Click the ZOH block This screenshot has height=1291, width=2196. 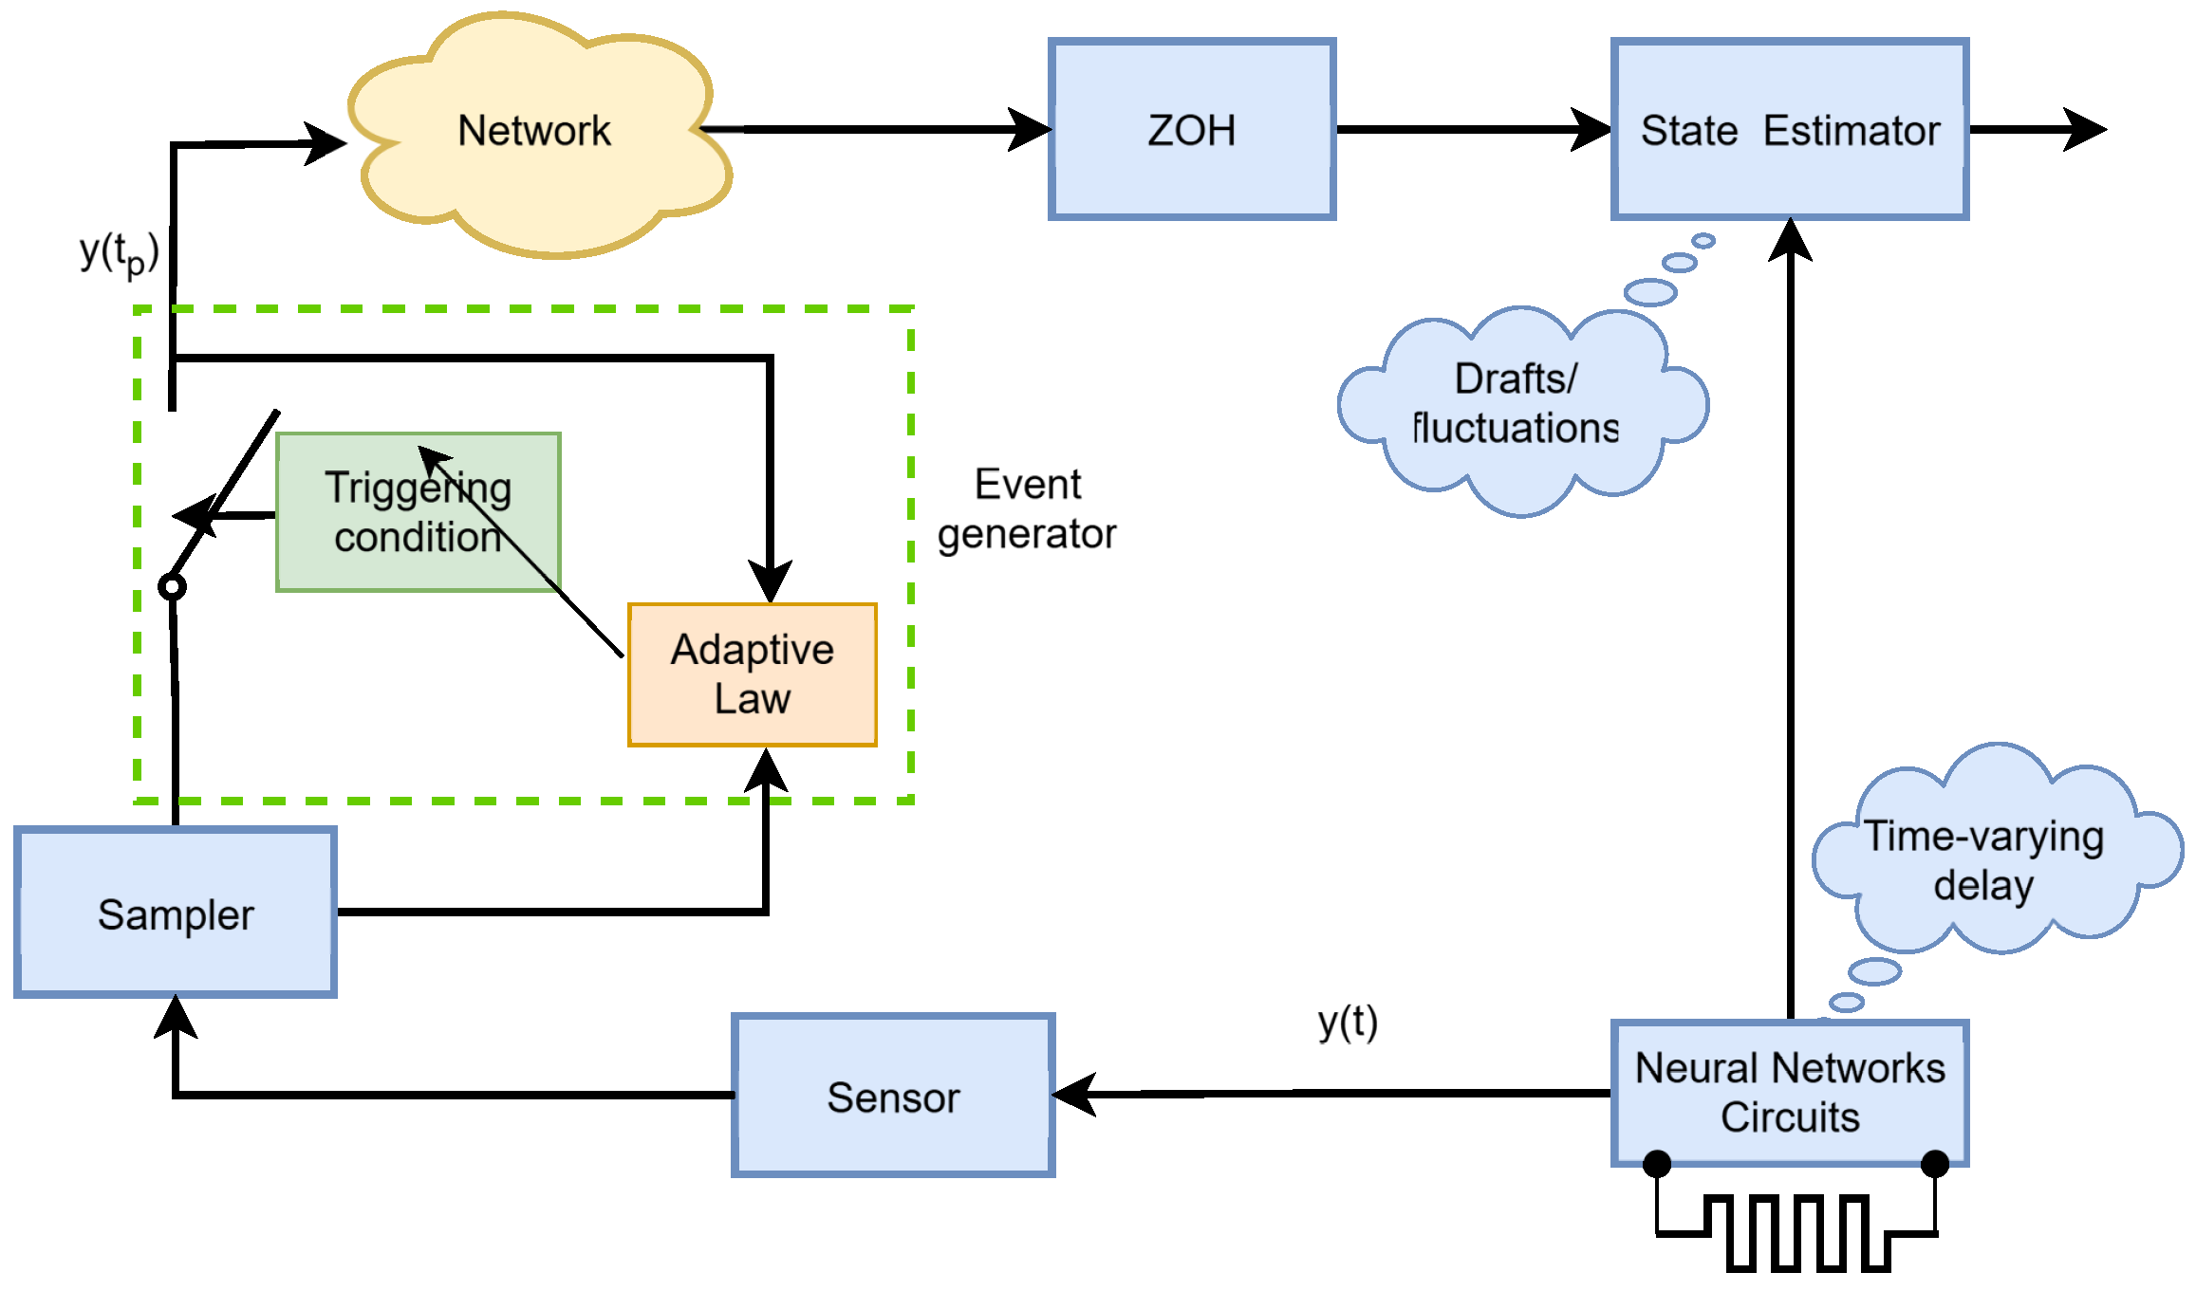pos(1192,130)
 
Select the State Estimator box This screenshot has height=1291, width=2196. pos(1790,130)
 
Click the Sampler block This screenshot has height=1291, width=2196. pos(176,913)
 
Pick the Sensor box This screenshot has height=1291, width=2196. pos(893,1096)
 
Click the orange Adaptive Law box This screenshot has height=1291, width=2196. pos(753,674)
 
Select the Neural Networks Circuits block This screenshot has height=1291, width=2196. pos(1790,1093)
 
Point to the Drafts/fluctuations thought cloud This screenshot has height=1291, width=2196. pos(1523,410)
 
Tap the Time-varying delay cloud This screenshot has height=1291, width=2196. pos(1998,849)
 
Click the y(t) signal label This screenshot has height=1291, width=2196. pos(1348,1024)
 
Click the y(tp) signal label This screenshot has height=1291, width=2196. pos(120,254)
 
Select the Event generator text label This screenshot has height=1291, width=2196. pos(1027,509)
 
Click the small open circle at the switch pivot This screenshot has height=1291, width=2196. pos(172,587)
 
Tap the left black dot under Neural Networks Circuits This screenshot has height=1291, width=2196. pos(1657,1163)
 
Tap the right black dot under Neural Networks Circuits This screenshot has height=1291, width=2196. pos(1935,1163)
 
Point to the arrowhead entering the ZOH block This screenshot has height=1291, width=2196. pos(1030,130)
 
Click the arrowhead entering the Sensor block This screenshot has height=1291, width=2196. pos(1074,1095)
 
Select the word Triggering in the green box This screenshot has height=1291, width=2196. pos(419,488)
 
